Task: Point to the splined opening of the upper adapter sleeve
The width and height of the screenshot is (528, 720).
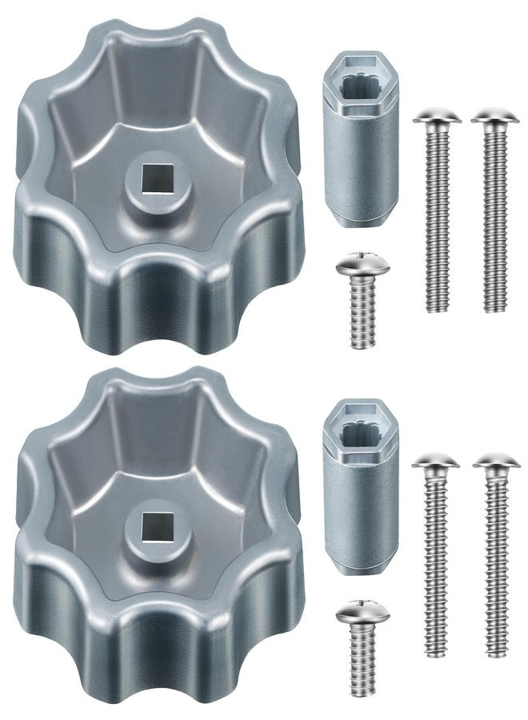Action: coord(358,83)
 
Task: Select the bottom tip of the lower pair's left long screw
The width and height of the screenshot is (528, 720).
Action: coord(439,655)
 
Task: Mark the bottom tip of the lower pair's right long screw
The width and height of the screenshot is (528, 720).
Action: coord(497,655)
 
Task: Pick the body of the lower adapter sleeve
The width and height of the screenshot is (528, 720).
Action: coord(358,520)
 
